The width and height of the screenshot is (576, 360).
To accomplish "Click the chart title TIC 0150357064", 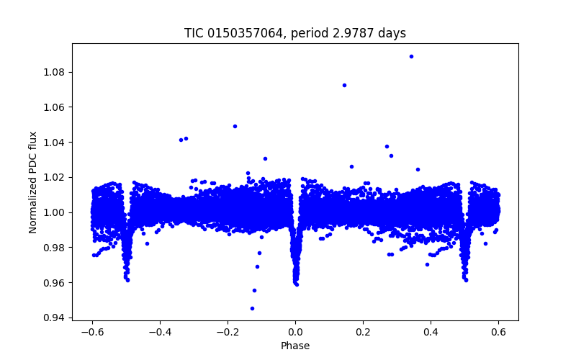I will (x=295, y=33).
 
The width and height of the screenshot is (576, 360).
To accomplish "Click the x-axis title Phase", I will (x=295, y=346).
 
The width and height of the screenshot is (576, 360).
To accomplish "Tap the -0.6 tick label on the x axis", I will (x=92, y=331).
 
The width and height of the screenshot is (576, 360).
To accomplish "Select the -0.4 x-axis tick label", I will (x=160, y=331).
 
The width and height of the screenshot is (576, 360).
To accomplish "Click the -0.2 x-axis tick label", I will (x=228, y=331).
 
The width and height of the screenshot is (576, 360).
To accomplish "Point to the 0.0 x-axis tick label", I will (x=295, y=331).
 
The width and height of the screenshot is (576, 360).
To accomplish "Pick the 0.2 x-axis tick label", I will (x=363, y=331).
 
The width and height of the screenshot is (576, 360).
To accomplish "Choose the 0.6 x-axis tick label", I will (x=498, y=331).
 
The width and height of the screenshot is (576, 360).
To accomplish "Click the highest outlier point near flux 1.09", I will (x=411, y=56).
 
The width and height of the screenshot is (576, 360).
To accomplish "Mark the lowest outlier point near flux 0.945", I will (x=252, y=308).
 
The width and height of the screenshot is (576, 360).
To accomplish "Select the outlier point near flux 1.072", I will (x=344, y=85).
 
